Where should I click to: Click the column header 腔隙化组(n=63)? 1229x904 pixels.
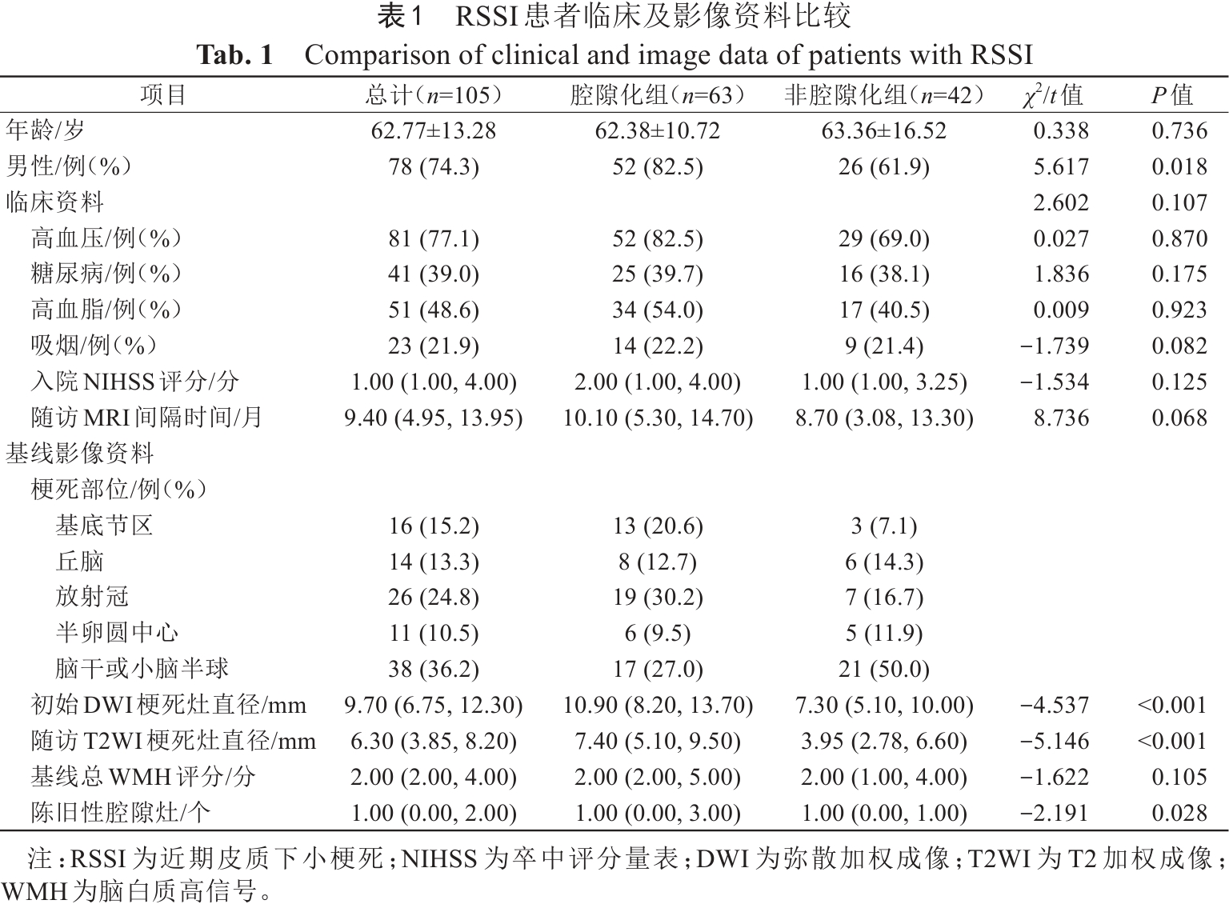point(658,96)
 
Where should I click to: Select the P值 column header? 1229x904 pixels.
point(1172,96)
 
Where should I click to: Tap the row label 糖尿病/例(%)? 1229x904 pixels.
point(106,274)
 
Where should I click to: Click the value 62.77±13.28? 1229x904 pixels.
point(433,131)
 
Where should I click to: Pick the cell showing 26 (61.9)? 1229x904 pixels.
point(883,166)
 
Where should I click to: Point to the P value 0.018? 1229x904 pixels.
point(1179,166)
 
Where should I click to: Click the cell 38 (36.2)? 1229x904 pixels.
point(433,669)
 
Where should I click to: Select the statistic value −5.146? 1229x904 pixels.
point(1055,741)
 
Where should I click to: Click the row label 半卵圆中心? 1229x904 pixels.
point(117,633)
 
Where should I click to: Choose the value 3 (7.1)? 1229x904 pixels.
point(883,526)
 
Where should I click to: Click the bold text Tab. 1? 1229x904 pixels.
point(234,54)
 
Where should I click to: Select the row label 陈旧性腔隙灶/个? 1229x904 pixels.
point(121,813)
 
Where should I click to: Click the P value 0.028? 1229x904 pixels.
point(1179,813)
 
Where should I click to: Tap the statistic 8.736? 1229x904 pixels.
point(1061,418)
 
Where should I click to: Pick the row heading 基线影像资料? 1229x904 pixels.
point(80,454)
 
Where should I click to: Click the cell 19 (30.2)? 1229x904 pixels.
point(658,598)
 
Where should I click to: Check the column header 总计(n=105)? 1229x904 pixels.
point(433,96)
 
